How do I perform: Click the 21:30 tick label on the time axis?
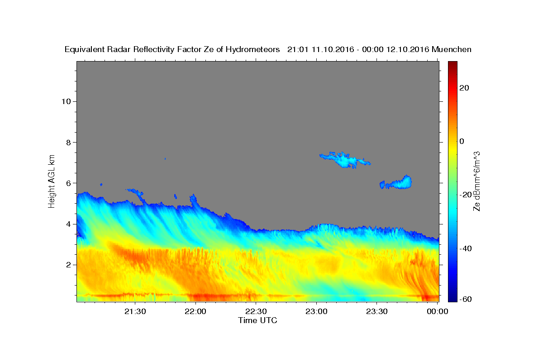click(135, 311)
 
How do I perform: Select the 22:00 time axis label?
click(195, 311)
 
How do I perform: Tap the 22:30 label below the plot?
click(256, 311)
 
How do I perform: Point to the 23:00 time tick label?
click(316, 311)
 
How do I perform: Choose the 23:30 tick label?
click(376, 311)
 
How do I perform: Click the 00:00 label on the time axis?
click(437, 311)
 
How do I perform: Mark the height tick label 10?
click(66, 101)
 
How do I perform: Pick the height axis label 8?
click(69, 143)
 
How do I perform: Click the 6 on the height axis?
click(69, 183)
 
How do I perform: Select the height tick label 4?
click(69, 224)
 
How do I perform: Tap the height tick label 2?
click(69, 265)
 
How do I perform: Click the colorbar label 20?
click(464, 88)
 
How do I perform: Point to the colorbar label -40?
click(466, 248)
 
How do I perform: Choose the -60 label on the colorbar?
click(466, 299)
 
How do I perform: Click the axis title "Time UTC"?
click(257, 320)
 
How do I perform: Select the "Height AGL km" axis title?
click(52, 181)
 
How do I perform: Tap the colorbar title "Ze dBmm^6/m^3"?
click(476, 181)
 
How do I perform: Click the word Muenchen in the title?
click(452, 49)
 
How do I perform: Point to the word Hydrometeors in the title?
click(252, 49)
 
